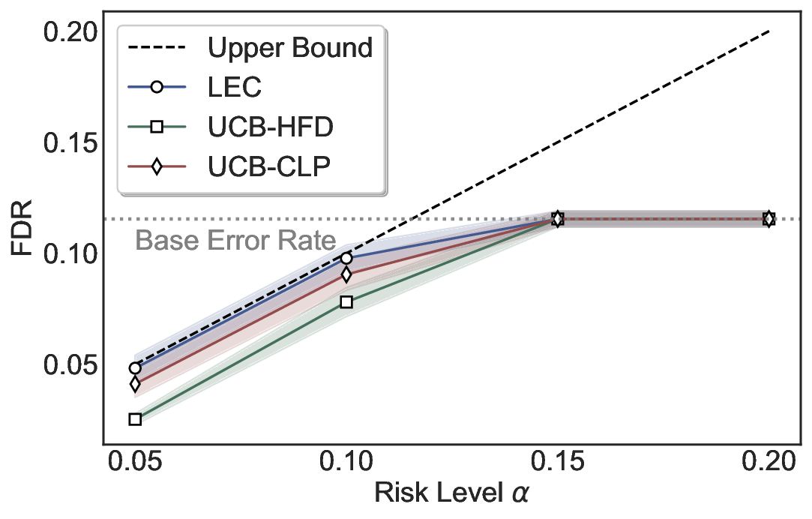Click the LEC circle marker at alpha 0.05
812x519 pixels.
point(135,368)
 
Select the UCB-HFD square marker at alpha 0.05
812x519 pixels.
point(135,419)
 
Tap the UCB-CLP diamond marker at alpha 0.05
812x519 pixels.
point(135,384)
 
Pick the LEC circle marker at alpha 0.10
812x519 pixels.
point(346,258)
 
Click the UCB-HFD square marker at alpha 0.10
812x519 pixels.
point(346,301)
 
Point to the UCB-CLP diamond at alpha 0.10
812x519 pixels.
point(346,274)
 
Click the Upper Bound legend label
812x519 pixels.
point(290,48)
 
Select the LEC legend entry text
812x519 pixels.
point(235,87)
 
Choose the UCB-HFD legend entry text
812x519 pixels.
point(271,127)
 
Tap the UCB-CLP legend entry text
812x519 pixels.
point(269,166)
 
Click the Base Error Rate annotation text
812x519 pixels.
point(235,241)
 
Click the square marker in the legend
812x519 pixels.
point(157,127)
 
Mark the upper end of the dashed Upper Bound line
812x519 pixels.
point(769,31)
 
